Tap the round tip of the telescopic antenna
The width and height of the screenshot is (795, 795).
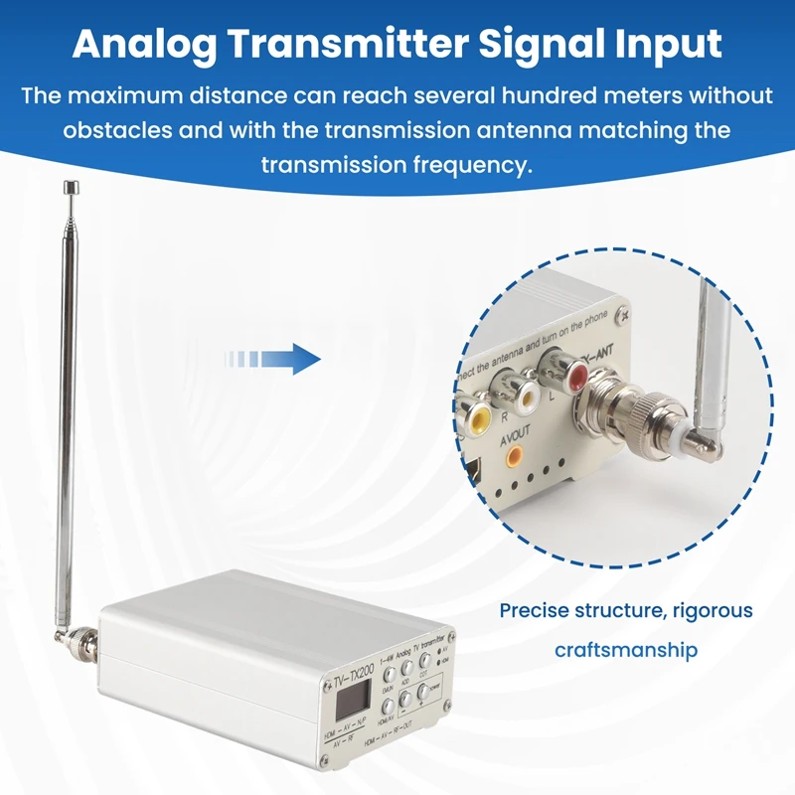coord(71,186)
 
